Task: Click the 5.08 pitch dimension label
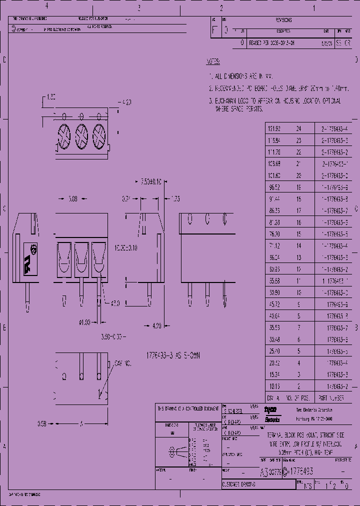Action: click(x=72, y=199)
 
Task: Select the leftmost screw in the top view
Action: click(x=64, y=134)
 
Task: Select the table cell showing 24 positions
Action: click(x=298, y=128)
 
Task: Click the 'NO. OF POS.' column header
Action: click(x=298, y=398)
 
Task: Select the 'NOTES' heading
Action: click(x=212, y=62)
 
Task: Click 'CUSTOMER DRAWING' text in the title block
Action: click(x=239, y=485)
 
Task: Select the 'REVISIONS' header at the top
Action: click(x=283, y=20)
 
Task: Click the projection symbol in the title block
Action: click(x=174, y=450)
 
